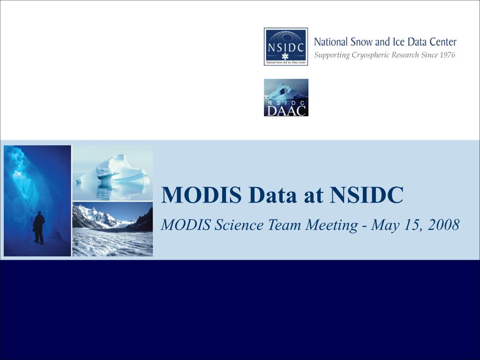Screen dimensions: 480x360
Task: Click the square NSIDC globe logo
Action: [286, 46]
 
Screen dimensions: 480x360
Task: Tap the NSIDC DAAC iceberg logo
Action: [286, 97]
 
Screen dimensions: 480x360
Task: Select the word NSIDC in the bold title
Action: [367, 195]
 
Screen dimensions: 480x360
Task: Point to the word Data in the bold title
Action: [272, 195]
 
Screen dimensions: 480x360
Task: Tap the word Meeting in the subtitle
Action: [331, 225]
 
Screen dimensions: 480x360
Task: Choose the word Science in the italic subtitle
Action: [239, 225]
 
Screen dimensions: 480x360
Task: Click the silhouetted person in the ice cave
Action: [39, 227]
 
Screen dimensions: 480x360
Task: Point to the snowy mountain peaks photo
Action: [112, 229]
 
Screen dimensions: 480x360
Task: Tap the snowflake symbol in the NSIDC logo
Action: [285, 56]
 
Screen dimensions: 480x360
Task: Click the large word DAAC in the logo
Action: [286, 111]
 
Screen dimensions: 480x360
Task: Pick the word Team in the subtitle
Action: [284, 225]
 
